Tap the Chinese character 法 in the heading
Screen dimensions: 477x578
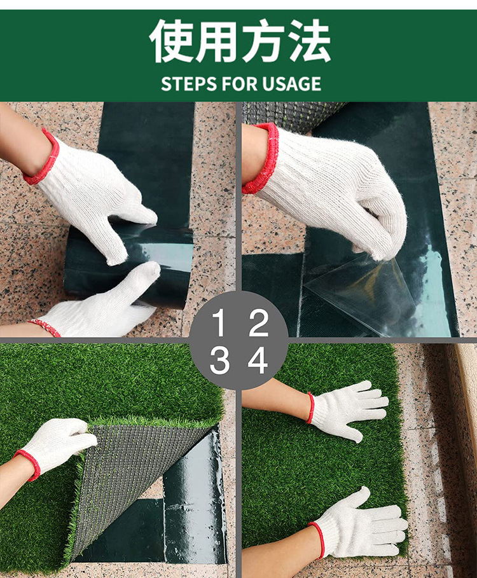pyautogui.click(x=309, y=41)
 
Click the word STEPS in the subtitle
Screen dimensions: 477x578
pyautogui.click(x=189, y=84)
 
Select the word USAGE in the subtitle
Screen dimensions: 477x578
pyautogui.click(x=292, y=84)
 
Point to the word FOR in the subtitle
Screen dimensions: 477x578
pyautogui.click(x=240, y=84)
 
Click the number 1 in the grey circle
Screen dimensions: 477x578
pyautogui.click(x=219, y=322)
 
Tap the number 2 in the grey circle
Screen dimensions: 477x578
pyautogui.click(x=258, y=322)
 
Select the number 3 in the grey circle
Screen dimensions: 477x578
pyautogui.click(x=219, y=361)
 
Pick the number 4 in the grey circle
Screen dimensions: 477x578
pyautogui.click(x=258, y=361)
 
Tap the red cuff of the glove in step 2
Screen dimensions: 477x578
pyautogui.click(x=261, y=158)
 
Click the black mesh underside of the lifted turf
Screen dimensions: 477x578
pyautogui.click(x=136, y=479)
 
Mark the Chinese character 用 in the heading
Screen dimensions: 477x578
pyautogui.click(x=218, y=41)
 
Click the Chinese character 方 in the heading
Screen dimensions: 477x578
pyautogui.click(x=263, y=41)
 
